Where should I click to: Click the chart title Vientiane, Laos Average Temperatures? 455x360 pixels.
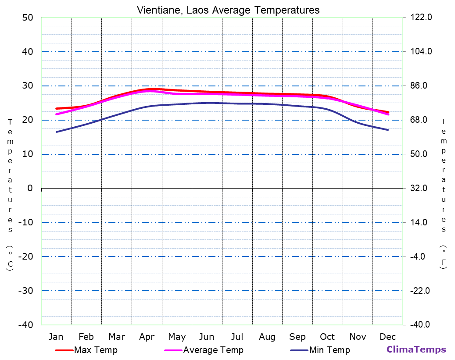pos(228,10)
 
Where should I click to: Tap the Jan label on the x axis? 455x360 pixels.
pos(56,337)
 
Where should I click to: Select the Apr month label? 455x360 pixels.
pos(147,337)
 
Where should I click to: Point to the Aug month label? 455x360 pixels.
pos(267,337)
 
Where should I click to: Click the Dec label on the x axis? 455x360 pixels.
pos(388,337)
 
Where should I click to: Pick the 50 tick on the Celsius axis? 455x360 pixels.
pos(28,18)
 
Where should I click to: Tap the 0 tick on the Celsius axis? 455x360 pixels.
pos(30,188)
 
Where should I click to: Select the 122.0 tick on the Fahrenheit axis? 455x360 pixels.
pos(422,18)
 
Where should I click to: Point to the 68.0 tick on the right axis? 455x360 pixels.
pos(422,120)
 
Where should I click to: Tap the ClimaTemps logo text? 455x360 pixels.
pos(416,349)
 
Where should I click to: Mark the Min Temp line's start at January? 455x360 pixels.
pos(56,132)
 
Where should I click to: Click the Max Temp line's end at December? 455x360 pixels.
pos(388,112)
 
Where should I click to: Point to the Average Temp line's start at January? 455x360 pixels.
pos(56,114)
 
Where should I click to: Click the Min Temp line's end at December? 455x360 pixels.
pos(388,130)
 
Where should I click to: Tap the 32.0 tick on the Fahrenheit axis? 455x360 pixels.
pos(422,188)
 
